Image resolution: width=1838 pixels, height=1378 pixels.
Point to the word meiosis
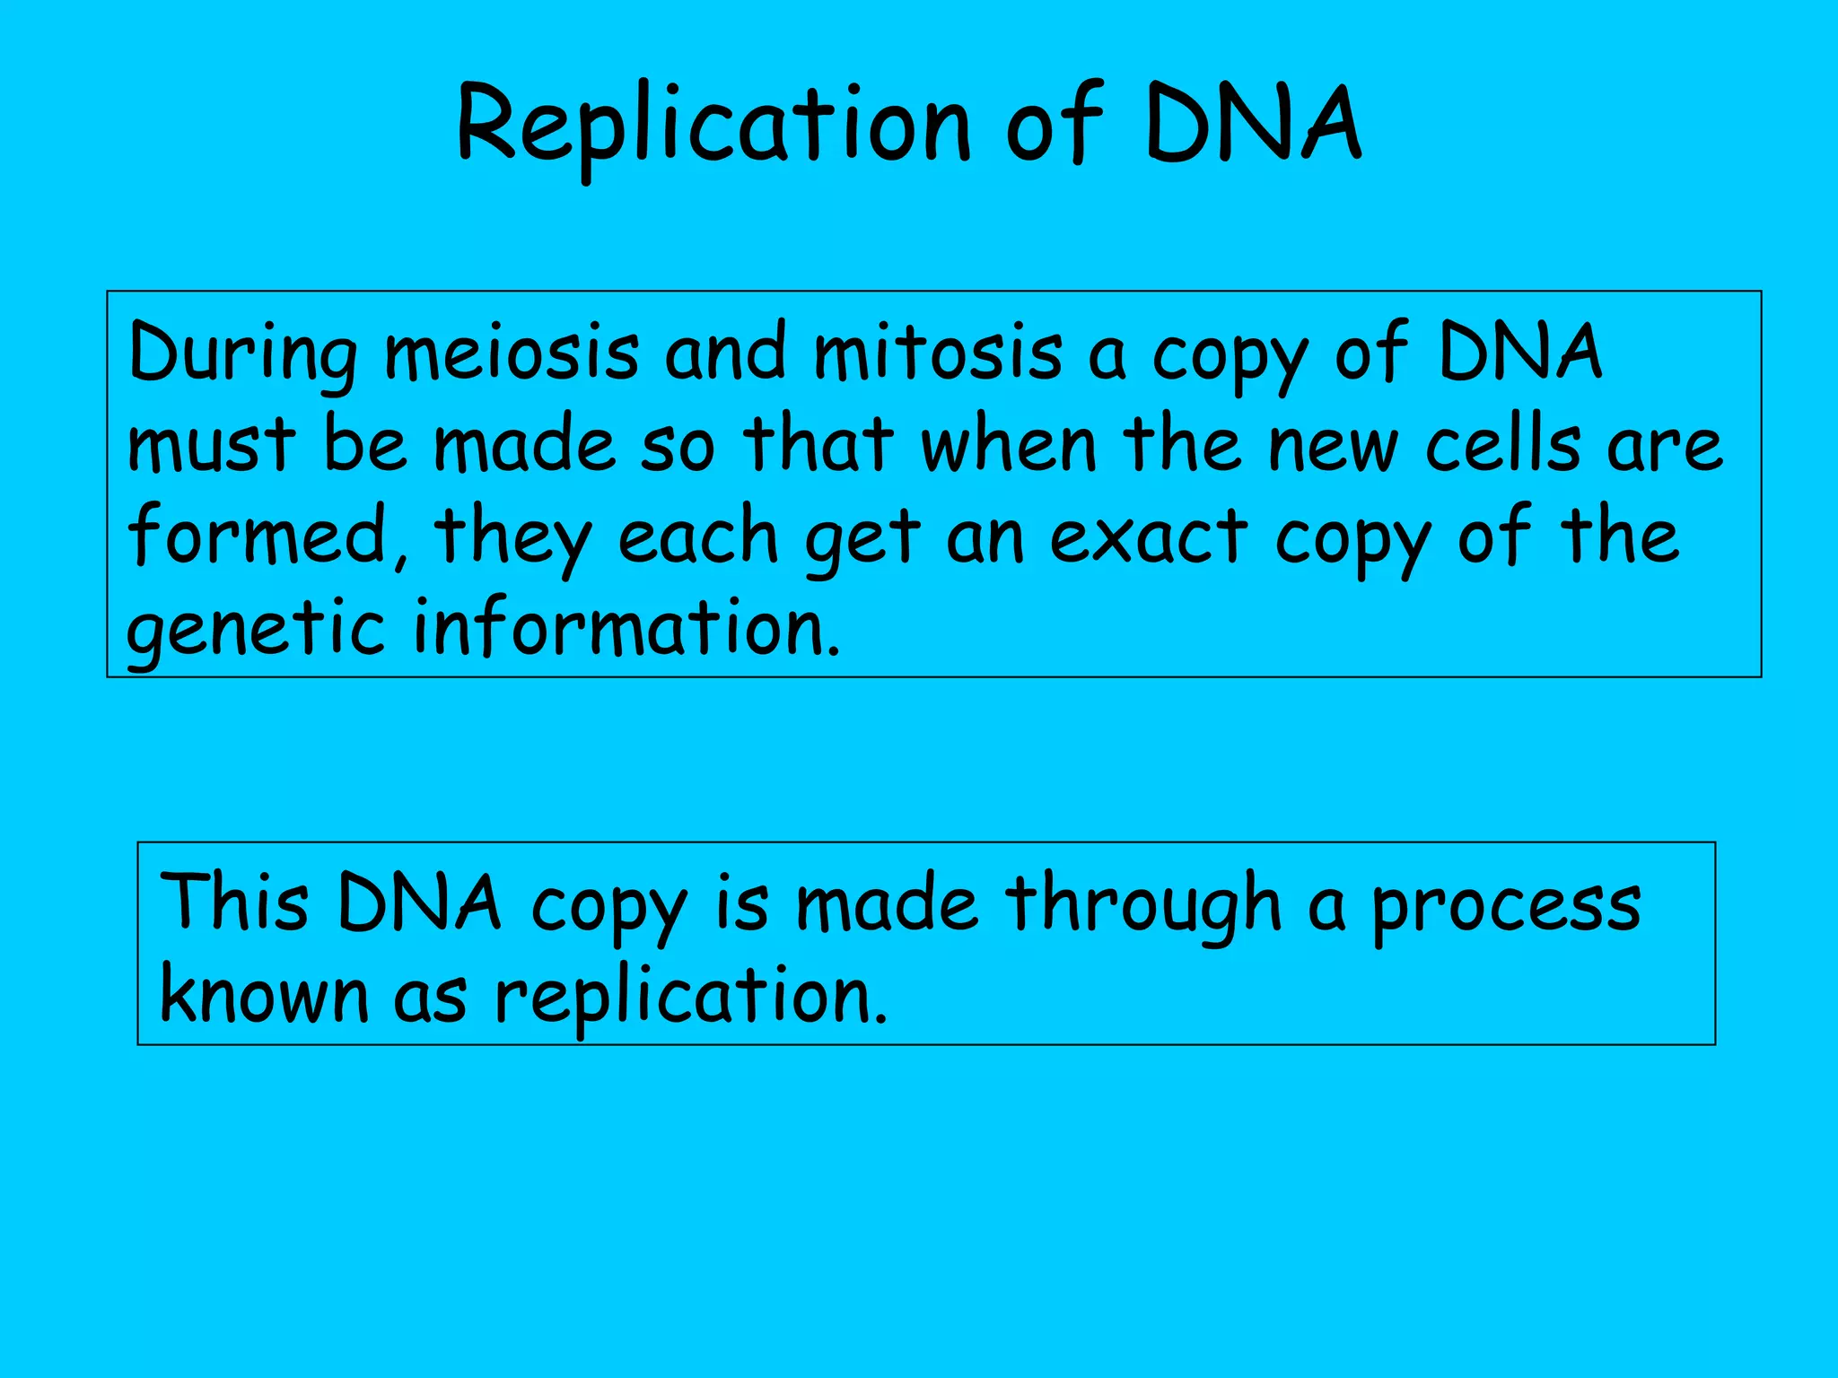click(512, 353)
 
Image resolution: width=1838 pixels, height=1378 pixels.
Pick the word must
click(211, 446)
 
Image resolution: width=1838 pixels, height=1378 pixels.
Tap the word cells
click(1503, 446)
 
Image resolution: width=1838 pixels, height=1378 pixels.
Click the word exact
click(1149, 536)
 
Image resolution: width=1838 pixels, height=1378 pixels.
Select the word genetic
click(256, 630)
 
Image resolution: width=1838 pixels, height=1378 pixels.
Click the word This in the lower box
click(234, 902)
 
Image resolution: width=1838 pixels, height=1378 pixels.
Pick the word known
click(264, 995)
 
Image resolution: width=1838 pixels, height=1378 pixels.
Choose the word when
click(1010, 446)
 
